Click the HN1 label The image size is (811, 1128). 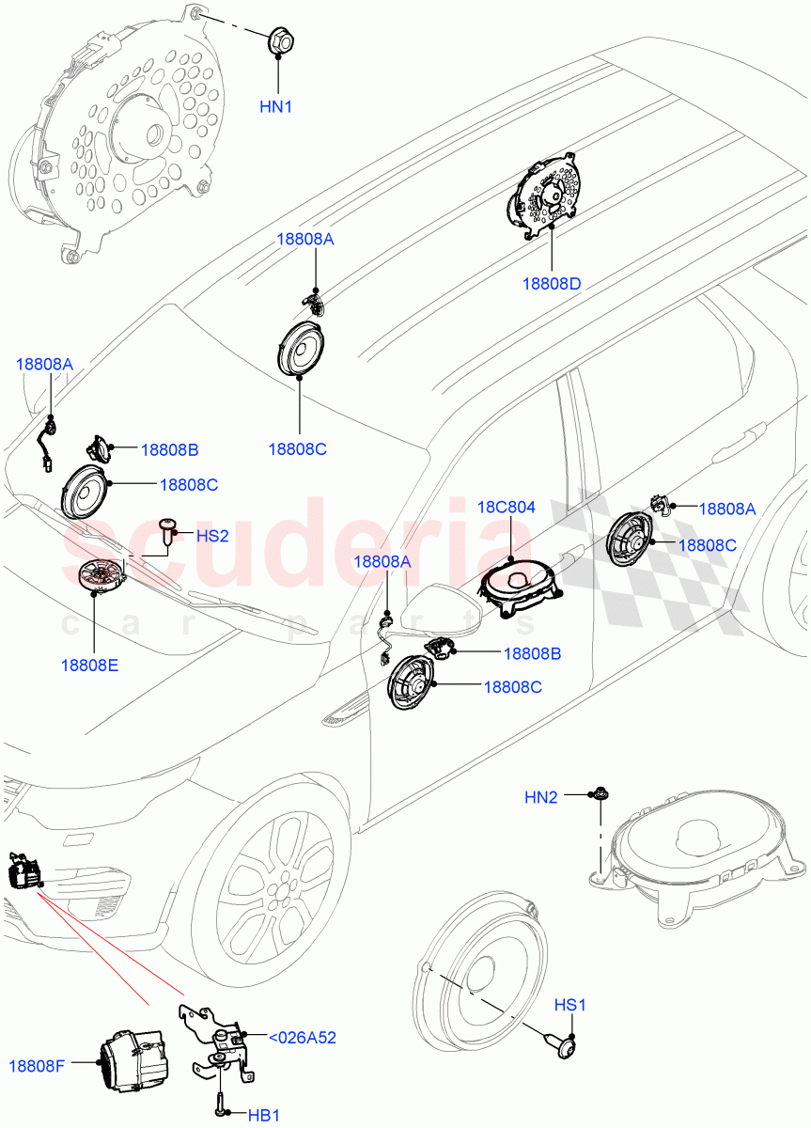point(275,107)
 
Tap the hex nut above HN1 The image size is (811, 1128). point(279,40)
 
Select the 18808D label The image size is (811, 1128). point(552,283)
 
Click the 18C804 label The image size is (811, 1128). point(507,508)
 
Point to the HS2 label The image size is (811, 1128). point(212,536)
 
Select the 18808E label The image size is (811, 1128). point(89,665)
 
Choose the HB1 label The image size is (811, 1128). point(263,1114)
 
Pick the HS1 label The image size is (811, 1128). point(569,1006)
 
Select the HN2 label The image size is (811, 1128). point(541,797)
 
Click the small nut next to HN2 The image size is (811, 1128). point(598,796)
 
